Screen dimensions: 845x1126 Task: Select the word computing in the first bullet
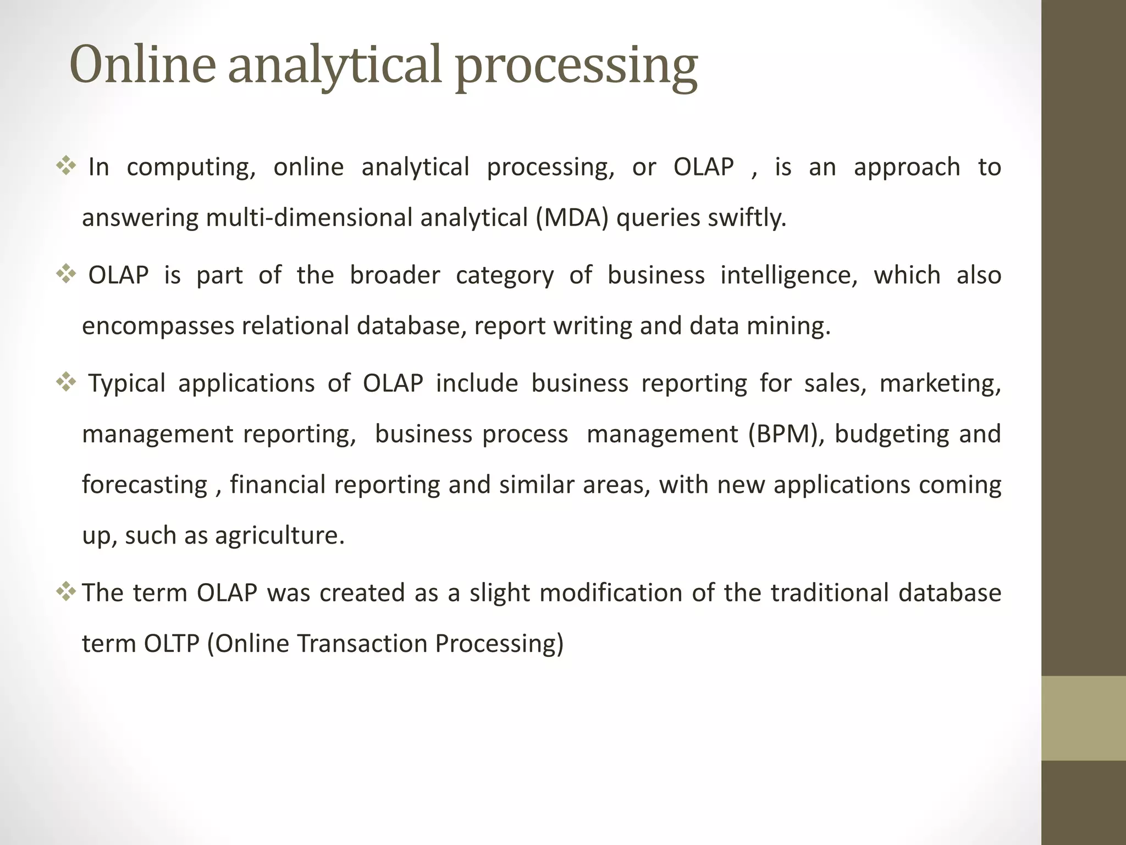[x=191, y=168]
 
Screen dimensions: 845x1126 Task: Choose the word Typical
[x=127, y=384]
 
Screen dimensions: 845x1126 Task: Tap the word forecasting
[x=145, y=485]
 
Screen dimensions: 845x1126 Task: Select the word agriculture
[x=279, y=536]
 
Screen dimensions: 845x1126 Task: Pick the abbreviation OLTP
[x=171, y=644]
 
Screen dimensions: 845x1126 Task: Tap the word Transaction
[x=362, y=644]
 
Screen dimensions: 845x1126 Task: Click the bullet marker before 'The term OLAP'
[x=66, y=592]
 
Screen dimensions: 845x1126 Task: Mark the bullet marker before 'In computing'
[x=66, y=166]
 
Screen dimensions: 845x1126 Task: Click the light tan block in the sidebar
[x=1083, y=718]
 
